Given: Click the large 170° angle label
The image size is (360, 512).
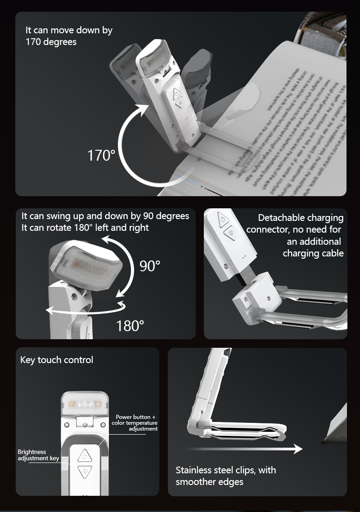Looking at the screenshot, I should [101, 156].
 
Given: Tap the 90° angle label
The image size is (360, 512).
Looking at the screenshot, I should [149, 266].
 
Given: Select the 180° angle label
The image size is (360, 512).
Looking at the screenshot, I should [130, 325].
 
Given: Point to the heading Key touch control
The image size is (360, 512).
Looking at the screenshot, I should [57, 360].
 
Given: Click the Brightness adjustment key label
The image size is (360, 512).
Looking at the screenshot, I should [38, 455].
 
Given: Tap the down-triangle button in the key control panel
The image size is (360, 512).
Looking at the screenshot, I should [85, 472].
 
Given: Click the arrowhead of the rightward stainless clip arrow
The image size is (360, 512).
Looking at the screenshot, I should [297, 449].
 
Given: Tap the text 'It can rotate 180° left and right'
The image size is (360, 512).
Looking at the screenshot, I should [85, 228].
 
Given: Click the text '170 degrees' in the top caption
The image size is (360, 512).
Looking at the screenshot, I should [51, 42].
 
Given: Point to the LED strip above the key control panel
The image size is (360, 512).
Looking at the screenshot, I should [85, 403].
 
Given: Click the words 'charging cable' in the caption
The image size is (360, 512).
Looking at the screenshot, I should [313, 253].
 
